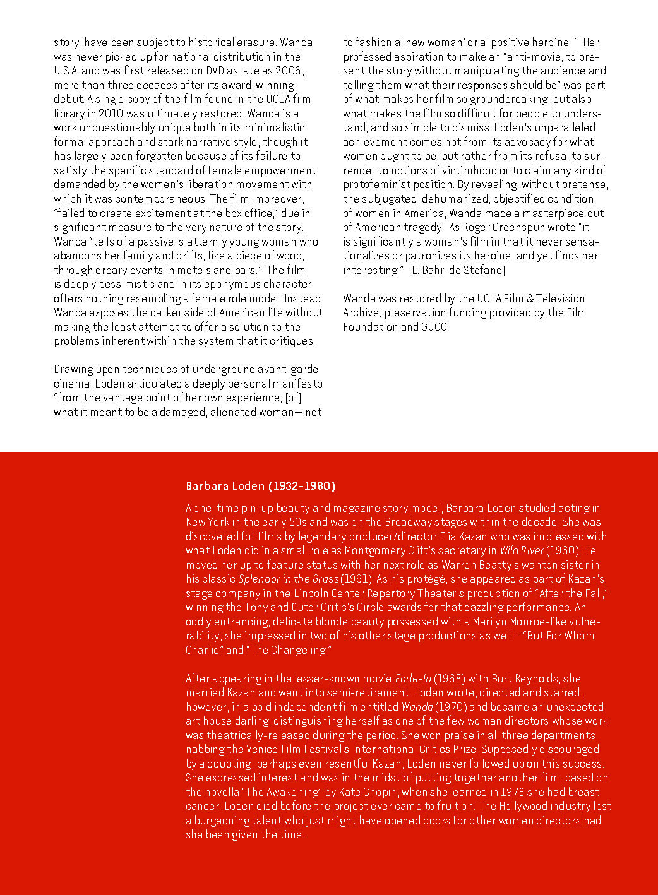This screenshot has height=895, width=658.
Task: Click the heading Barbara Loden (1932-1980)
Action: click(x=260, y=486)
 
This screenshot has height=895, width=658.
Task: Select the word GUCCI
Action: click(x=435, y=327)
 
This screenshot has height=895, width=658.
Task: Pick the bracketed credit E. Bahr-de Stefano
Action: click(x=457, y=270)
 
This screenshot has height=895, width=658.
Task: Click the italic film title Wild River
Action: click(x=522, y=550)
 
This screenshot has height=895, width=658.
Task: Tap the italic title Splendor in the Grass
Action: click(x=289, y=579)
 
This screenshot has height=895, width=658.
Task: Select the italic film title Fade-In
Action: click(x=413, y=679)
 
